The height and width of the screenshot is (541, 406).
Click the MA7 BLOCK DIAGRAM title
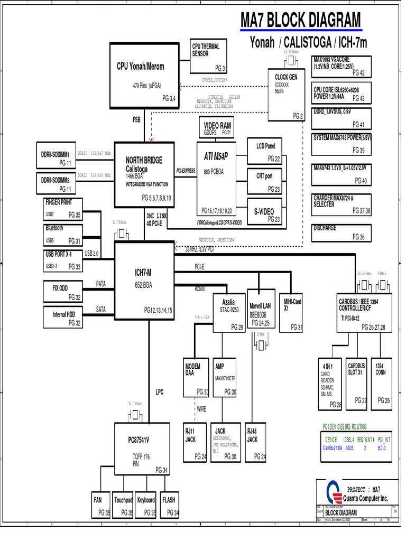click(x=301, y=22)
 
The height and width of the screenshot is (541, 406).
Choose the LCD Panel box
click(x=265, y=151)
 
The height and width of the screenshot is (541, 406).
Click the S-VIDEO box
click(x=265, y=213)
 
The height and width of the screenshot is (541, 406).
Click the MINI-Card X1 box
click(x=293, y=312)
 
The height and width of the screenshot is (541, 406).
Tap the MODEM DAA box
click(x=196, y=378)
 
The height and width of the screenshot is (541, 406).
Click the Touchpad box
click(x=123, y=505)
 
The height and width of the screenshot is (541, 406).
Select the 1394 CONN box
click(x=382, y=383)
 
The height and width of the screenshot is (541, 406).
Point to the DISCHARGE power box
click(x=342, y=233)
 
